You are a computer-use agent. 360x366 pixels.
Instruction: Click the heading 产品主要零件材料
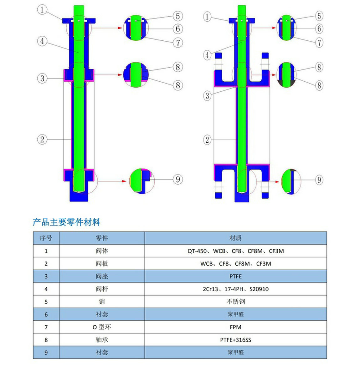tap(67, 222)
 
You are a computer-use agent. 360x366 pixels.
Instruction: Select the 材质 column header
tap(235, 238)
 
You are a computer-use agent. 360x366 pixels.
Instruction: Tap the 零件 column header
tap(102, 238)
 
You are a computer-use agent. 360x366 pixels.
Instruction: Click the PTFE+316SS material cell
tap(235, 340)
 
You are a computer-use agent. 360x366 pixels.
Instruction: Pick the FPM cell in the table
tap(235, 327)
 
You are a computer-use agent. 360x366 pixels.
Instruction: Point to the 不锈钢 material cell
tap(235, 302)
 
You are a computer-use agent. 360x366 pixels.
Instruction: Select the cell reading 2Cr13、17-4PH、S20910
tap(235, 289)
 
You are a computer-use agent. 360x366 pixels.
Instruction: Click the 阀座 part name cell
tap(102, 276)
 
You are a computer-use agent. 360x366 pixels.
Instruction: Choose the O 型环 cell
tap(102, 327)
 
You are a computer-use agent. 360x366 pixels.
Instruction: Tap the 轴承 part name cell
tap(102, 340)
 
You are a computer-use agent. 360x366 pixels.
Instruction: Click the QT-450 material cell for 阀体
tap(235, 251)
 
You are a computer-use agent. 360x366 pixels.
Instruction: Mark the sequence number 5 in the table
tap(46, 302)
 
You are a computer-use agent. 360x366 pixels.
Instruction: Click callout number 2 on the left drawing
tap(42, 140)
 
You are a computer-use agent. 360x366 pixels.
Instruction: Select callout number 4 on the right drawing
tap(207, 55)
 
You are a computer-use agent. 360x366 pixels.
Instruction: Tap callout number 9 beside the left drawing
tap(178, 179)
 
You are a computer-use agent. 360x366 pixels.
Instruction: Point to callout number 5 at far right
tap(319, 16)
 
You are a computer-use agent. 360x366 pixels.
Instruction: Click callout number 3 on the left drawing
tap(42, 78)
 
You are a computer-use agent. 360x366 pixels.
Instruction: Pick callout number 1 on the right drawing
tap(207, 17)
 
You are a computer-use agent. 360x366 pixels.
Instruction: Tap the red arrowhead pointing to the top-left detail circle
tap(120, 28)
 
